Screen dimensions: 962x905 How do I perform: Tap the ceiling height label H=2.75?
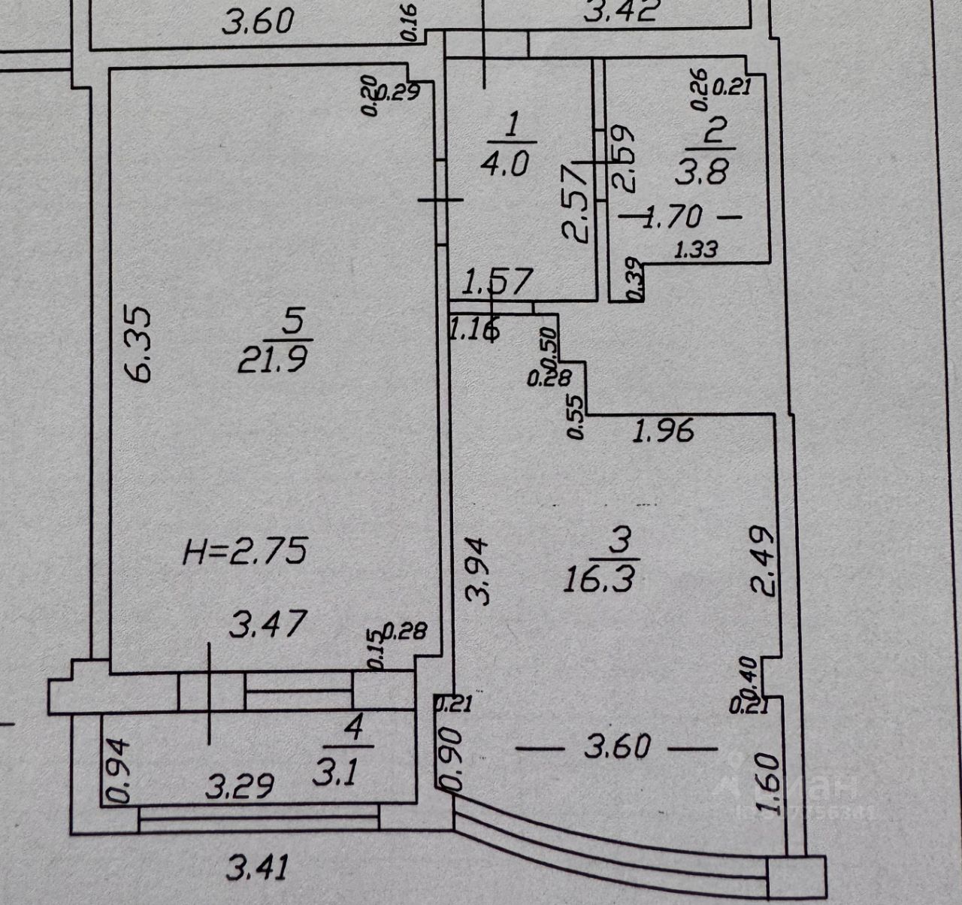pyautogui.click(x=246, y=552)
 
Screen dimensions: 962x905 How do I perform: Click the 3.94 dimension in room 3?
pyautogui.click(x=479, y=570)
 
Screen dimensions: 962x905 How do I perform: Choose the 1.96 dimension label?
pyautogui.click(x=664, y=431)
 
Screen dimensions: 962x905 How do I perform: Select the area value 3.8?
pyautogui.click(x=703, y=173)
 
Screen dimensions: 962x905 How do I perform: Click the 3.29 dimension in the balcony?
pyautogui.click(x=240, y=787)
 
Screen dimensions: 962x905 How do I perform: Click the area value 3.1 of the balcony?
pyautogui.click(x=341, y=773)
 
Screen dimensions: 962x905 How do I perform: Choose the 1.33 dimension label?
pyautogui.click(x=695, y=250)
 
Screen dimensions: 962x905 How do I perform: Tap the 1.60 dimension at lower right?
pyautogui.click(x=769, y=784)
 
